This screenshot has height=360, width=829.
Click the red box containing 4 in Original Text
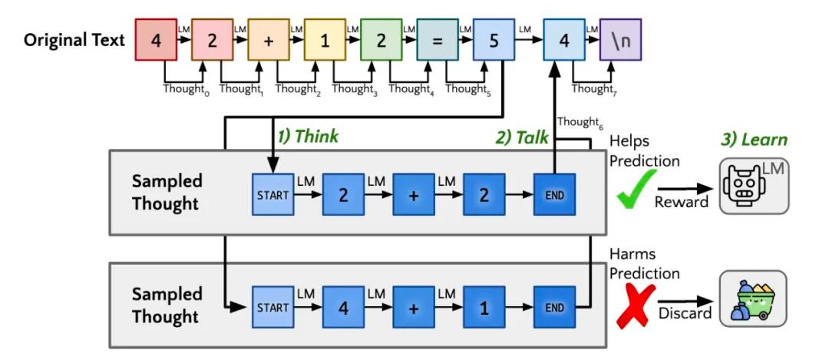(156, 40)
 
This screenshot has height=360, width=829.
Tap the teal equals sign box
(437, 40)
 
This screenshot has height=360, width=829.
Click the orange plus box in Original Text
(268, 40)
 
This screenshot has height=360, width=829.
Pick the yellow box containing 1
(325, 40)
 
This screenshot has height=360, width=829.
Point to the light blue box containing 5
(493, 40)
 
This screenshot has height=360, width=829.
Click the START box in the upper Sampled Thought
(272, 194)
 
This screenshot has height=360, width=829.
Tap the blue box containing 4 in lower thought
(343, 306)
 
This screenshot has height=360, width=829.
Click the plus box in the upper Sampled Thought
(414, 194)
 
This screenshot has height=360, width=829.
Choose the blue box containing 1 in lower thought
(484, 306)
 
